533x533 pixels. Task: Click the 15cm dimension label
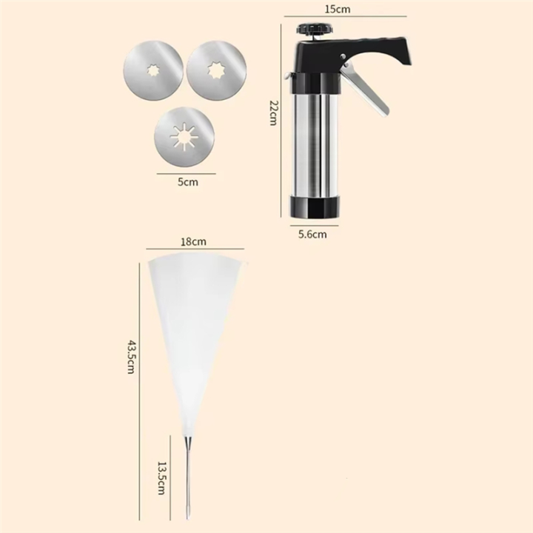[x=338, y=9]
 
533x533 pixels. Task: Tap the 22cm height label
[x=274, y=113]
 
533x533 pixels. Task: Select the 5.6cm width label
[x=312, y=234]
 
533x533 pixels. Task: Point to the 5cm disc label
[x=187, y=182]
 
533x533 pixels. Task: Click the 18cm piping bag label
[x=193, y=241]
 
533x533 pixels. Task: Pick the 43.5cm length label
[x=131, y=357]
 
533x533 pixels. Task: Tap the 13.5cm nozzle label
[x=162, y=477]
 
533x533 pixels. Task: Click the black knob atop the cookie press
[x=314, y=29]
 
